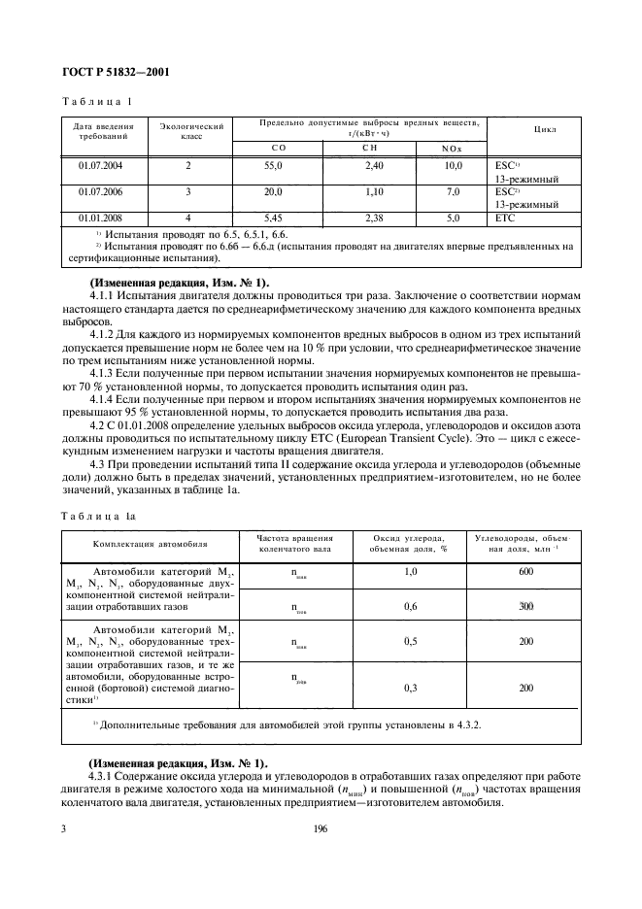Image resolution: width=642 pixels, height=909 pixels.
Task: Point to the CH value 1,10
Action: [372, 192]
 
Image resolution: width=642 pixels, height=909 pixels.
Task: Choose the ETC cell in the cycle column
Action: [504, 219]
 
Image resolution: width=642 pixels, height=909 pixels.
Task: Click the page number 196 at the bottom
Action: [321, 828]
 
